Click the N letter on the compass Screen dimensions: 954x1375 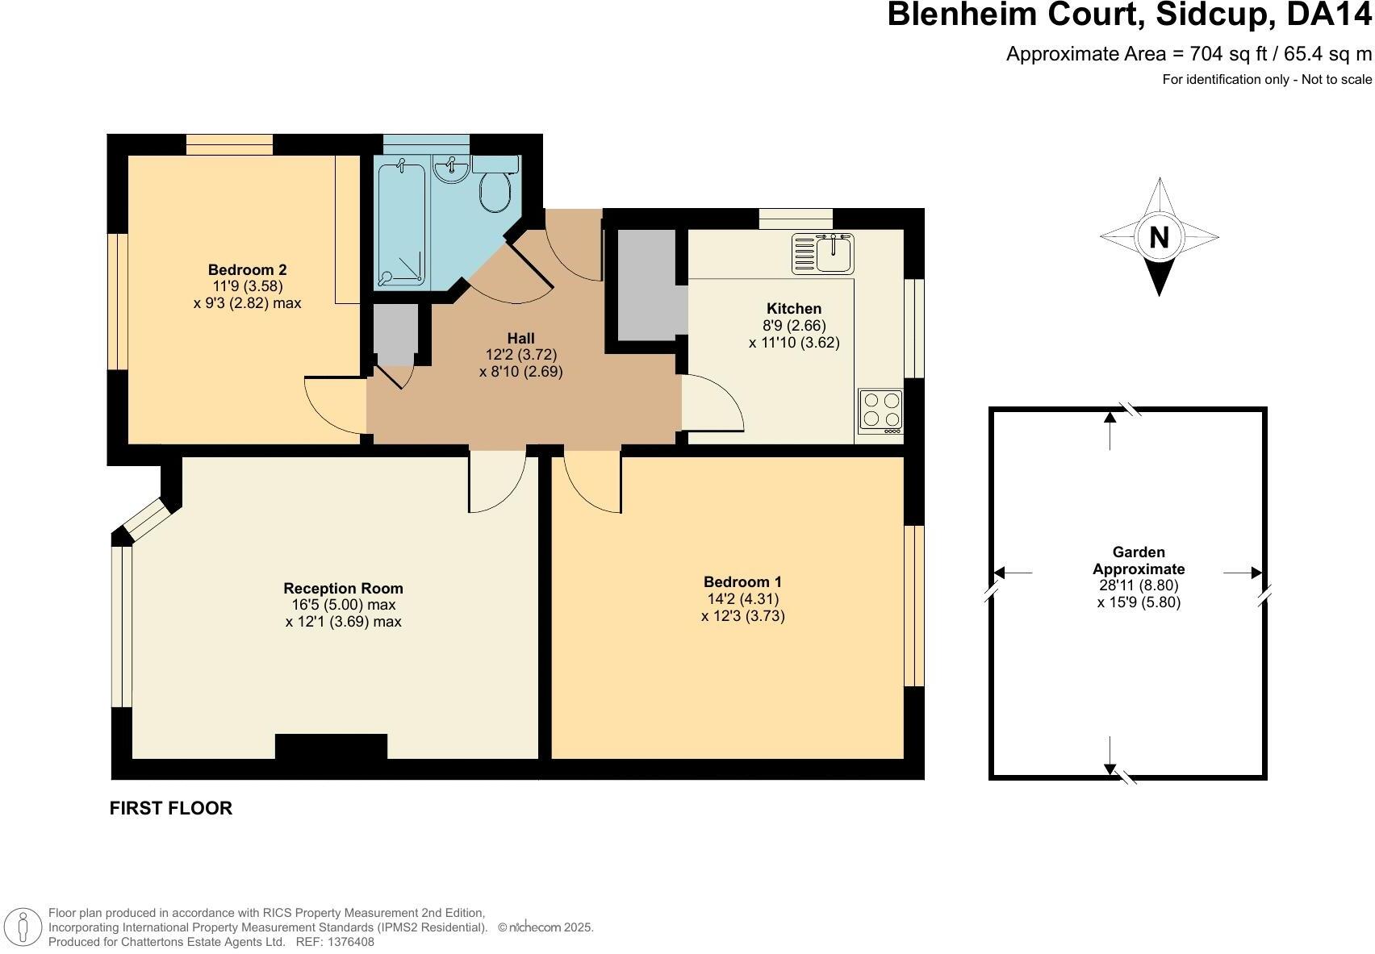click(1159, 237)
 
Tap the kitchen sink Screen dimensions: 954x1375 click(823, 253)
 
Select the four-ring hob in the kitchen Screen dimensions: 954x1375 click(880, 410)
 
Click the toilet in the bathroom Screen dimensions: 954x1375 click(495, 189)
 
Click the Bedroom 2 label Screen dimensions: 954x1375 click(247, 269)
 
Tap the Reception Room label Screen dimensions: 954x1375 click(343, 588)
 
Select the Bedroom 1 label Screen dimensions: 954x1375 click(742, 581)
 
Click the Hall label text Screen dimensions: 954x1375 click(520, 338)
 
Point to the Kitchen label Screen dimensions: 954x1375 click(793, 308)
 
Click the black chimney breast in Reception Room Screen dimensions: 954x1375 click(331, 747)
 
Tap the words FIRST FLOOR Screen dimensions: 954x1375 click(171, 808)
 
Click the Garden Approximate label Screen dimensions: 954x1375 click(1139, 560)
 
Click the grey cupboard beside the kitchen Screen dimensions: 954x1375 click(646, 284)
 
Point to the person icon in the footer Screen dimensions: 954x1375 click(24, 927)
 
